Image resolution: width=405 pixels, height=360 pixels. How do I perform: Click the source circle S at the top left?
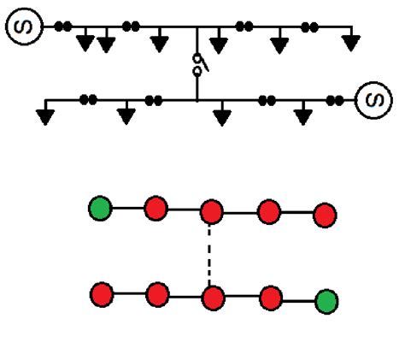tap(25, 27)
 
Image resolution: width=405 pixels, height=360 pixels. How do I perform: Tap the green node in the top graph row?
tap(101, 208)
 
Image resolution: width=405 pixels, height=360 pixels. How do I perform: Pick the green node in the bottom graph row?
tap(326, 301)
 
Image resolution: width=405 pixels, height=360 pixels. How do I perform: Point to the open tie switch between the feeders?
tap(197, 66)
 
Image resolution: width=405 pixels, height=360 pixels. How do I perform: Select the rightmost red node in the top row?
tap(324, 215)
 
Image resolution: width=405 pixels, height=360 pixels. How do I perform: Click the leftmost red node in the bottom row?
tap(102, 295)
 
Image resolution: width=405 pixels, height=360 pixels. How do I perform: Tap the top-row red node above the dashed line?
tap(211, 211)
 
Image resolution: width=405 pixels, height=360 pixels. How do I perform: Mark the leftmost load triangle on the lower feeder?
tap(45, 115)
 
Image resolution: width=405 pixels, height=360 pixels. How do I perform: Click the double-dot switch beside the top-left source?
tap(62, 27)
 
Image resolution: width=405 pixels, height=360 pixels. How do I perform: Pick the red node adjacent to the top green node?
tap(156, 208)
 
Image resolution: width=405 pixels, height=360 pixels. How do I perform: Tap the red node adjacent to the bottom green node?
tap(271, 298)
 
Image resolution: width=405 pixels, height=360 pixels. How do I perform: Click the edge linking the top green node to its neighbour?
tap(128, 208)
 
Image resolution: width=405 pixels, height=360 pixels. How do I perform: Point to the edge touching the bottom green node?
tap(298, 300)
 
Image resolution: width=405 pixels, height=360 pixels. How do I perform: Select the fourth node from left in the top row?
tap(269, 211)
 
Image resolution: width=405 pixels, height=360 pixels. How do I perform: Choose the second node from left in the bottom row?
tap(156, 296)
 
